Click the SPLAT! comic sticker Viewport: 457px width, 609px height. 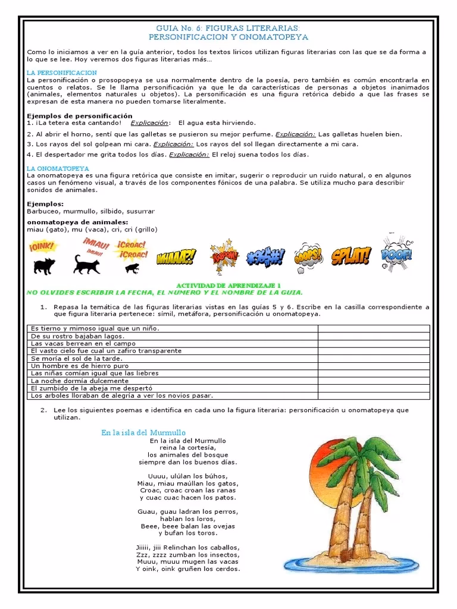click(351, 256)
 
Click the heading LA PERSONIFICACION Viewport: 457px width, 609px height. click(62, 73)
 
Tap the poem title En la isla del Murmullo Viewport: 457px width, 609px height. click(143, 432)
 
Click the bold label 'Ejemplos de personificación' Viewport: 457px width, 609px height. click(80, 115)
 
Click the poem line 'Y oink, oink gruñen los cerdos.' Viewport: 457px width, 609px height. click(187, 569)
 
